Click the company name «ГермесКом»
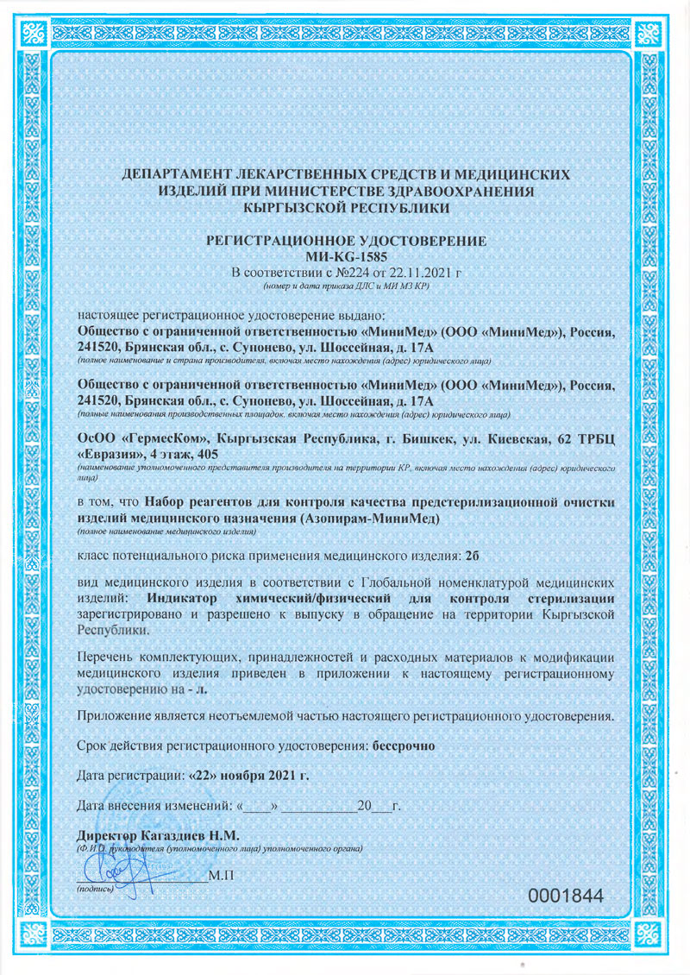(x=159, y=438)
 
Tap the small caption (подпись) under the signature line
(x=96, y=888)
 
